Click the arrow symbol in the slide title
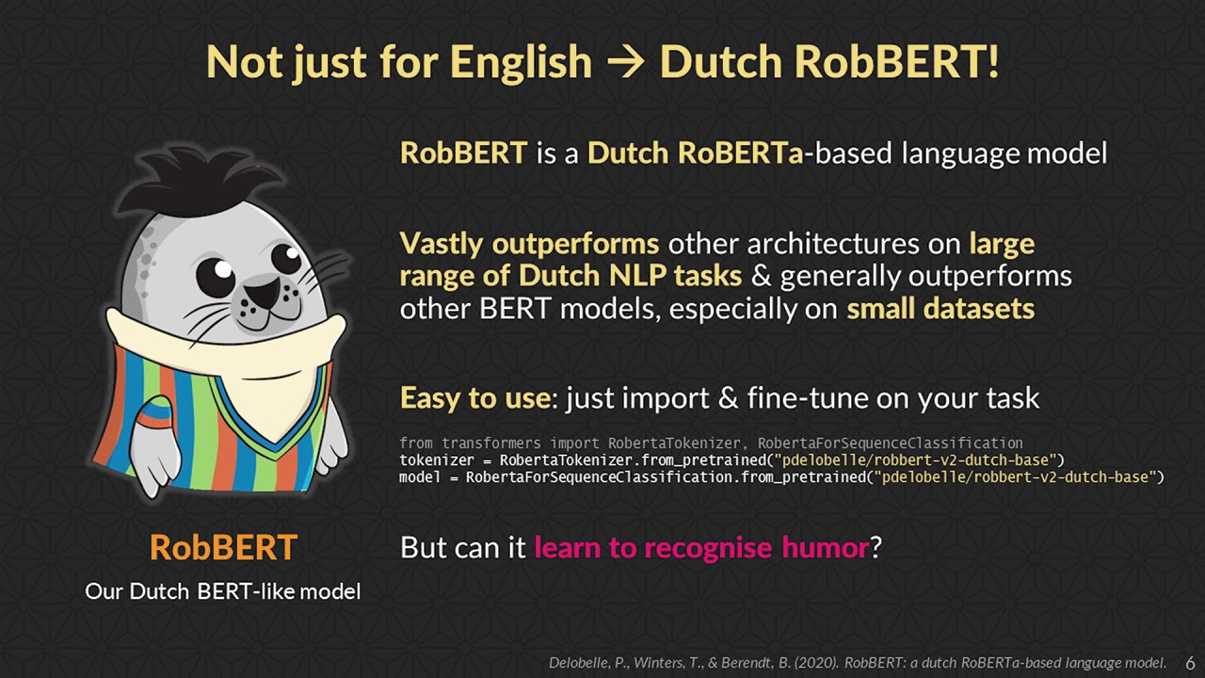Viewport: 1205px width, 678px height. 625,63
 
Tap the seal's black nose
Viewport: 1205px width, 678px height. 264,294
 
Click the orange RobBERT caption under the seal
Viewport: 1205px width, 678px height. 223,547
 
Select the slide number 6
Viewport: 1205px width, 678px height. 1189,661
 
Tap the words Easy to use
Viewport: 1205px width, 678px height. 474,397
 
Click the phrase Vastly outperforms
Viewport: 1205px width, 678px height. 529,244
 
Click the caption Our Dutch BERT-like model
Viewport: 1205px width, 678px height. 223,591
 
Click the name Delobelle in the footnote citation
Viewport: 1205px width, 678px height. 581,662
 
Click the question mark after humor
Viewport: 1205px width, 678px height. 876,547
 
